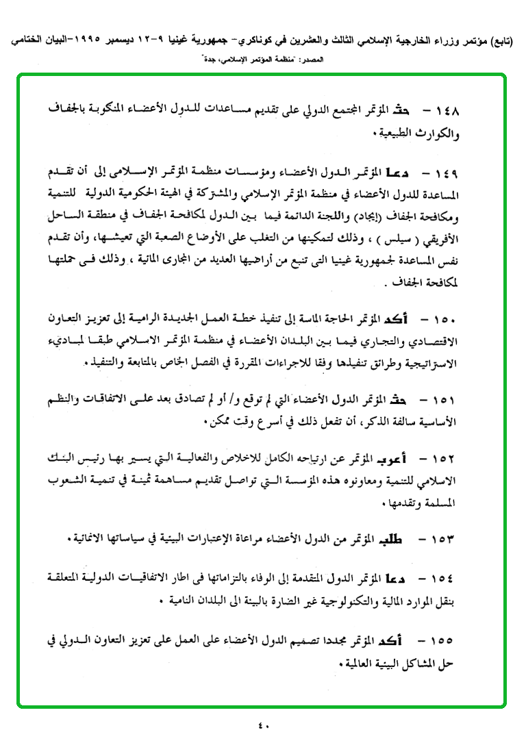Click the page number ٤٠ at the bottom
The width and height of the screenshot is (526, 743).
pos(264,725)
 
